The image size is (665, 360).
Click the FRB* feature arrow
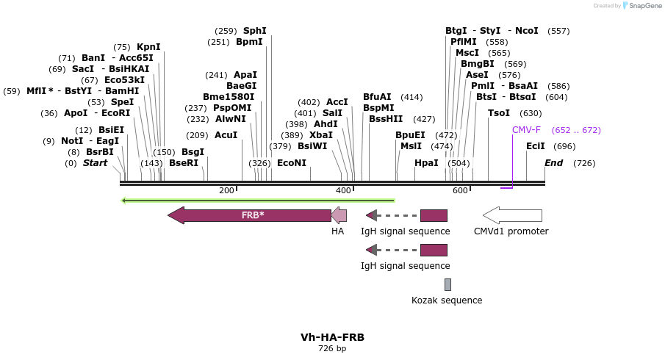(250, 215)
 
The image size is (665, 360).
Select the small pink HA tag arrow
(339, 215)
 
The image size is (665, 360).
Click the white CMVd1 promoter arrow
(512, 215)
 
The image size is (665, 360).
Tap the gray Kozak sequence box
(447, 284)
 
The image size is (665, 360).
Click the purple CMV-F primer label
(526, 130)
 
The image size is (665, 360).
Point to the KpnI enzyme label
(148, 47)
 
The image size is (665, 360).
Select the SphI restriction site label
(255, 31)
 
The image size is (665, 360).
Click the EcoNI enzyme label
(292, 163)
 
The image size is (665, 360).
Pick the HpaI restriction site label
(426, 163)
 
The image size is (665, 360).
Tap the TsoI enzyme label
(499, 113)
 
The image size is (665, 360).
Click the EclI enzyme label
(536, 146)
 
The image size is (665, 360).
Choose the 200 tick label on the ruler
(226, 191)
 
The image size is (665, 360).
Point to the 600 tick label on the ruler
(460, 191)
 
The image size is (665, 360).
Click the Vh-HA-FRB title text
(332, 337)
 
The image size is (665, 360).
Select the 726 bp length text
(332, 348)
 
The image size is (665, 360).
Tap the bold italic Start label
(95, 163)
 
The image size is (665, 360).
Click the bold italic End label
(554, 163)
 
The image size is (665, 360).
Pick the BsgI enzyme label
(193, 152)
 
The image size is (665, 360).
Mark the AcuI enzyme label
(226, 135)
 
